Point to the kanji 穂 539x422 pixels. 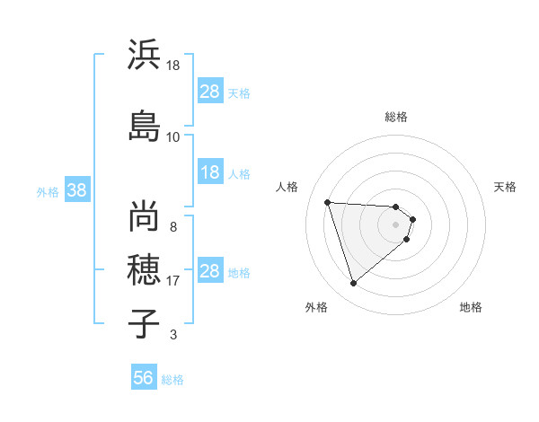coord(143,268)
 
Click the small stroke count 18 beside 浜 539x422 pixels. coord(173,66)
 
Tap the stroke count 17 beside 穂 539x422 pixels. coord(173,281)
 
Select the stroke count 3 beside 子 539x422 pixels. coord(173,335)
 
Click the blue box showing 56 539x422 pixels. coord(144,379)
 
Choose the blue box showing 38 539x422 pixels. coord(77,190)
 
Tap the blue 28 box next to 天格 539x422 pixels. coord(210,92)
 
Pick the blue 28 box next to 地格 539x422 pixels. coord(210,271)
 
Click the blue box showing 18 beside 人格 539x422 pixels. coord(210,172)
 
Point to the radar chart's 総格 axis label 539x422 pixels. coord(396,117)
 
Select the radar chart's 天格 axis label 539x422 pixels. coord(505,187)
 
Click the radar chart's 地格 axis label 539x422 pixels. coord(471,307)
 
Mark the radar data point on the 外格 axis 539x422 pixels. coord(353,284)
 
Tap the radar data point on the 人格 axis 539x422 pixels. coord(328,202)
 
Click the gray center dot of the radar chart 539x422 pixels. coord(396,224)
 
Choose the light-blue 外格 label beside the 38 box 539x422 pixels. coord(48,191)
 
